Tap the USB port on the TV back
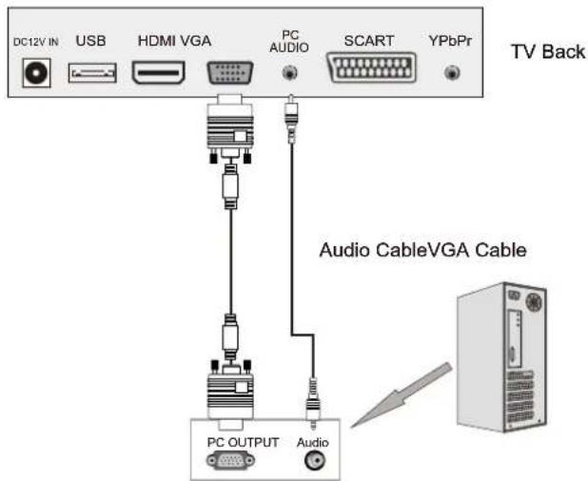pos(92,72)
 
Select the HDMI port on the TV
pos(158,72)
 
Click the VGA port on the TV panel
pos(229,72)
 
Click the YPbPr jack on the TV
pos(453,72)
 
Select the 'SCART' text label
pos(368,41)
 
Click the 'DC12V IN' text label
pos(36,43)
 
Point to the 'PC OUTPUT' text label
pos(244,442)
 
